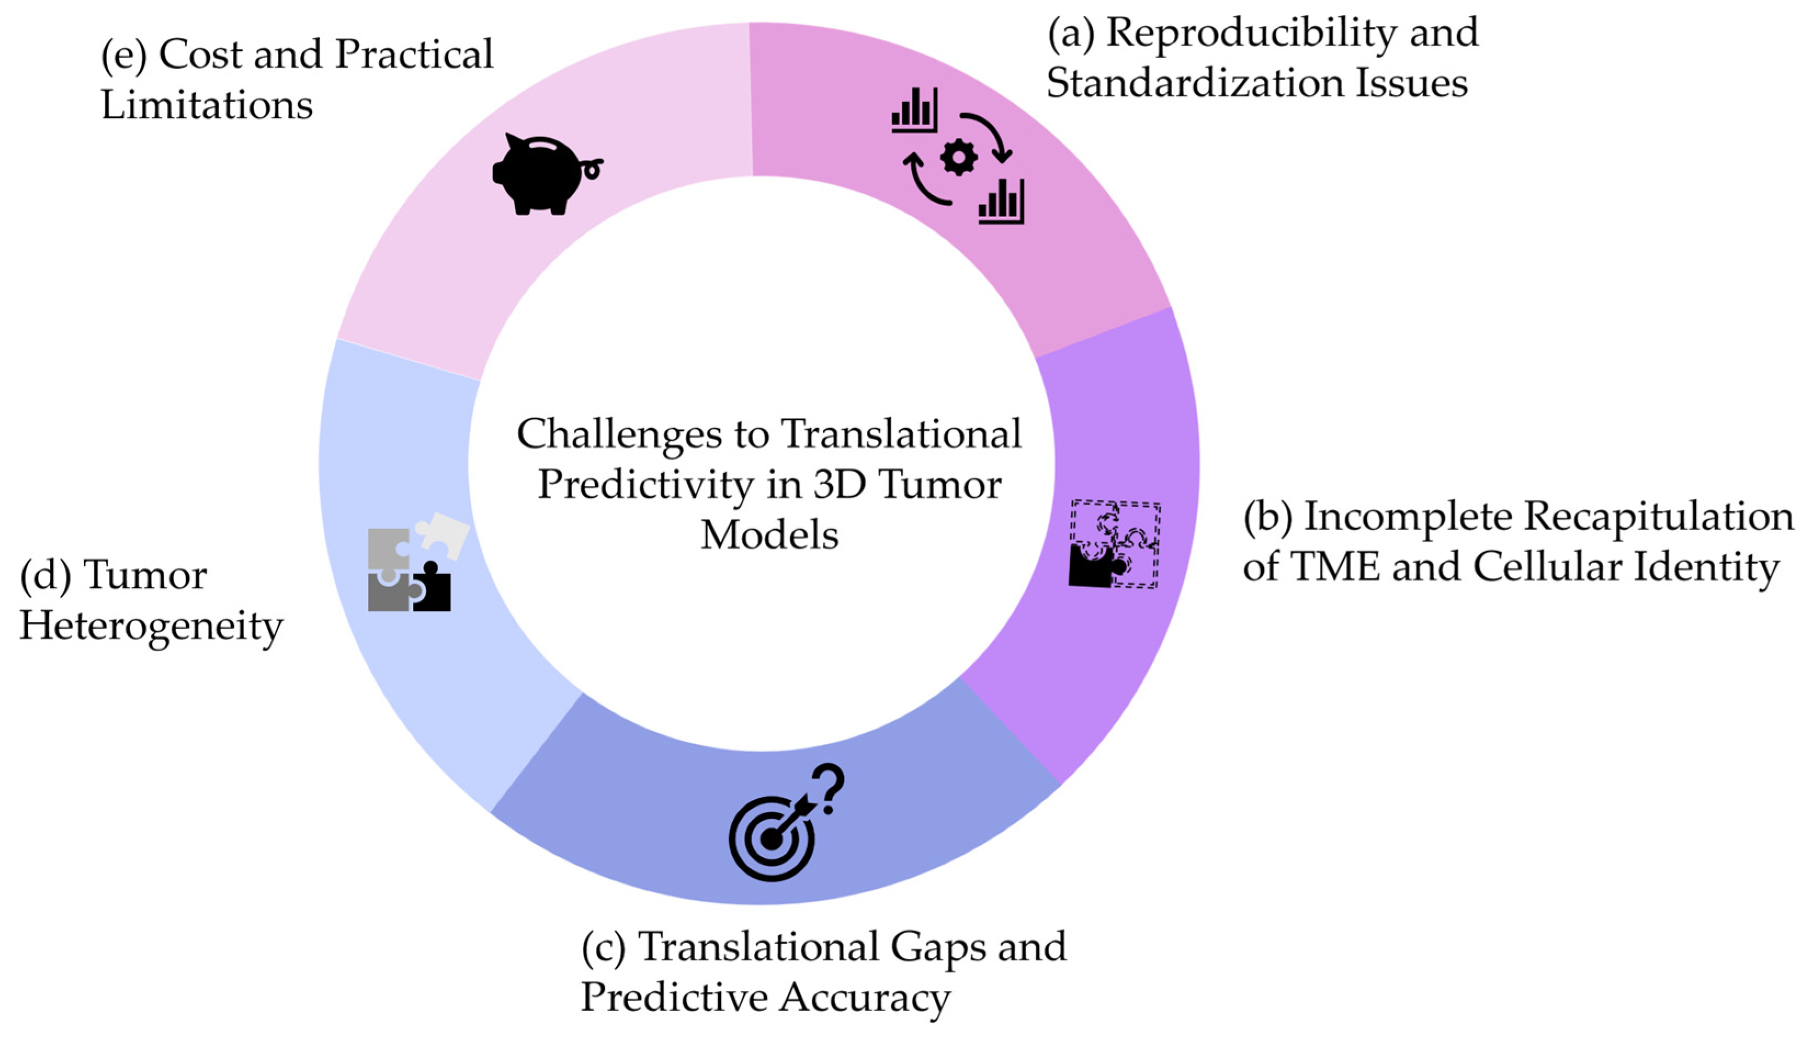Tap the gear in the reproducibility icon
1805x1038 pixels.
coord(959,157)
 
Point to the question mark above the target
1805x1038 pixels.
coord(828,789)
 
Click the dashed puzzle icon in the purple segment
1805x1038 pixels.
coord(1114,544)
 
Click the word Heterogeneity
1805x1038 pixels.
coord(151,628)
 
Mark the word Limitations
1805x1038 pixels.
coord(207,105)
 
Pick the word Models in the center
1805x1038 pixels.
coord(769,535)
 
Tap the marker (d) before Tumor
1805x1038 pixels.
coord(46,577)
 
